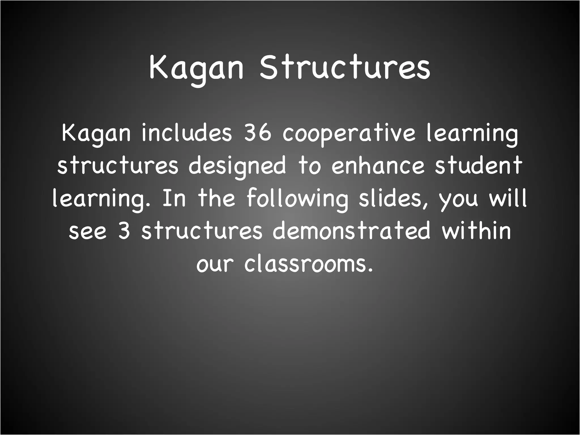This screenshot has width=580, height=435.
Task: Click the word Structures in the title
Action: tap(345, 67)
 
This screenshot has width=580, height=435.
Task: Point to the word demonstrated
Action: tap(351, 231)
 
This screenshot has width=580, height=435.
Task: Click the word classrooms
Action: tap(309, 264)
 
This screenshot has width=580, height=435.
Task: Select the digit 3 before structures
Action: tap(124, 231)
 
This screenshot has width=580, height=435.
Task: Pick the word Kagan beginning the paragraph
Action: tap(96, 134)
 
